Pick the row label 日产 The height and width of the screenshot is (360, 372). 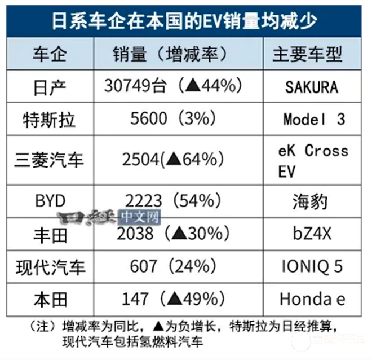click(49, 86)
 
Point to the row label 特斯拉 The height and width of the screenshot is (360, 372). click(49, 119)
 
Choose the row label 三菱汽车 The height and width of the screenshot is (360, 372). click(49, 160)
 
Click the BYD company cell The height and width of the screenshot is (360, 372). click(49, 200)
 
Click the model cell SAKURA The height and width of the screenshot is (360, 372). click(311, 87)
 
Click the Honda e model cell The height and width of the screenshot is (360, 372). click(312, 298)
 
